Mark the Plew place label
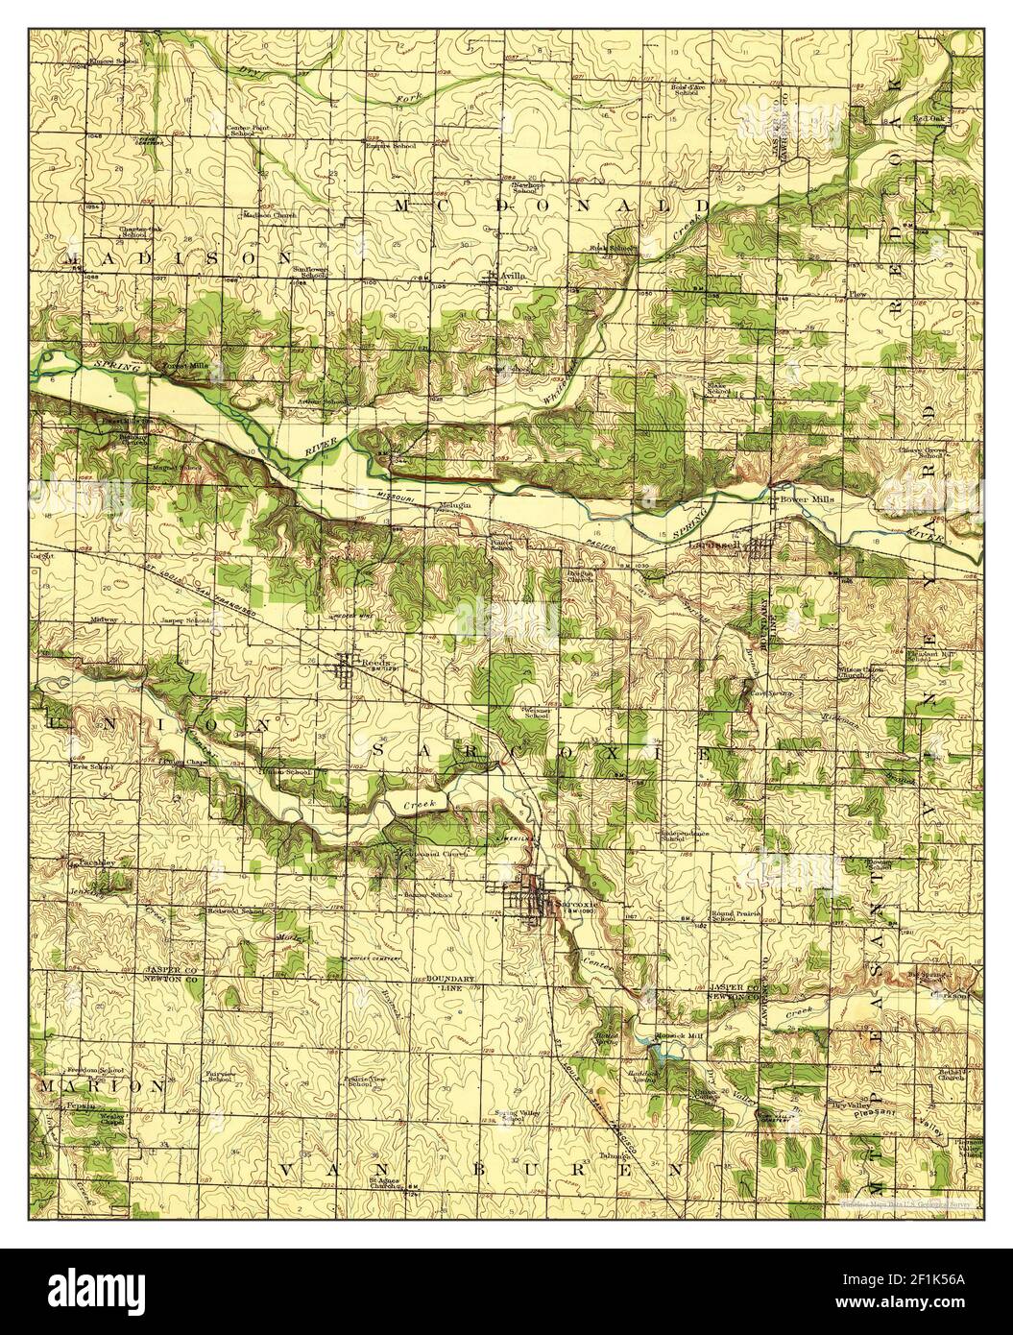pyautogui.click(x=856, y=293)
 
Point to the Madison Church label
pyautogui.click(x=270, y=216)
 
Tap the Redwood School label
pyautogui.click(x=234, y=910)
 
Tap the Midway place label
pyautogui.click(x=103, y=620)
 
